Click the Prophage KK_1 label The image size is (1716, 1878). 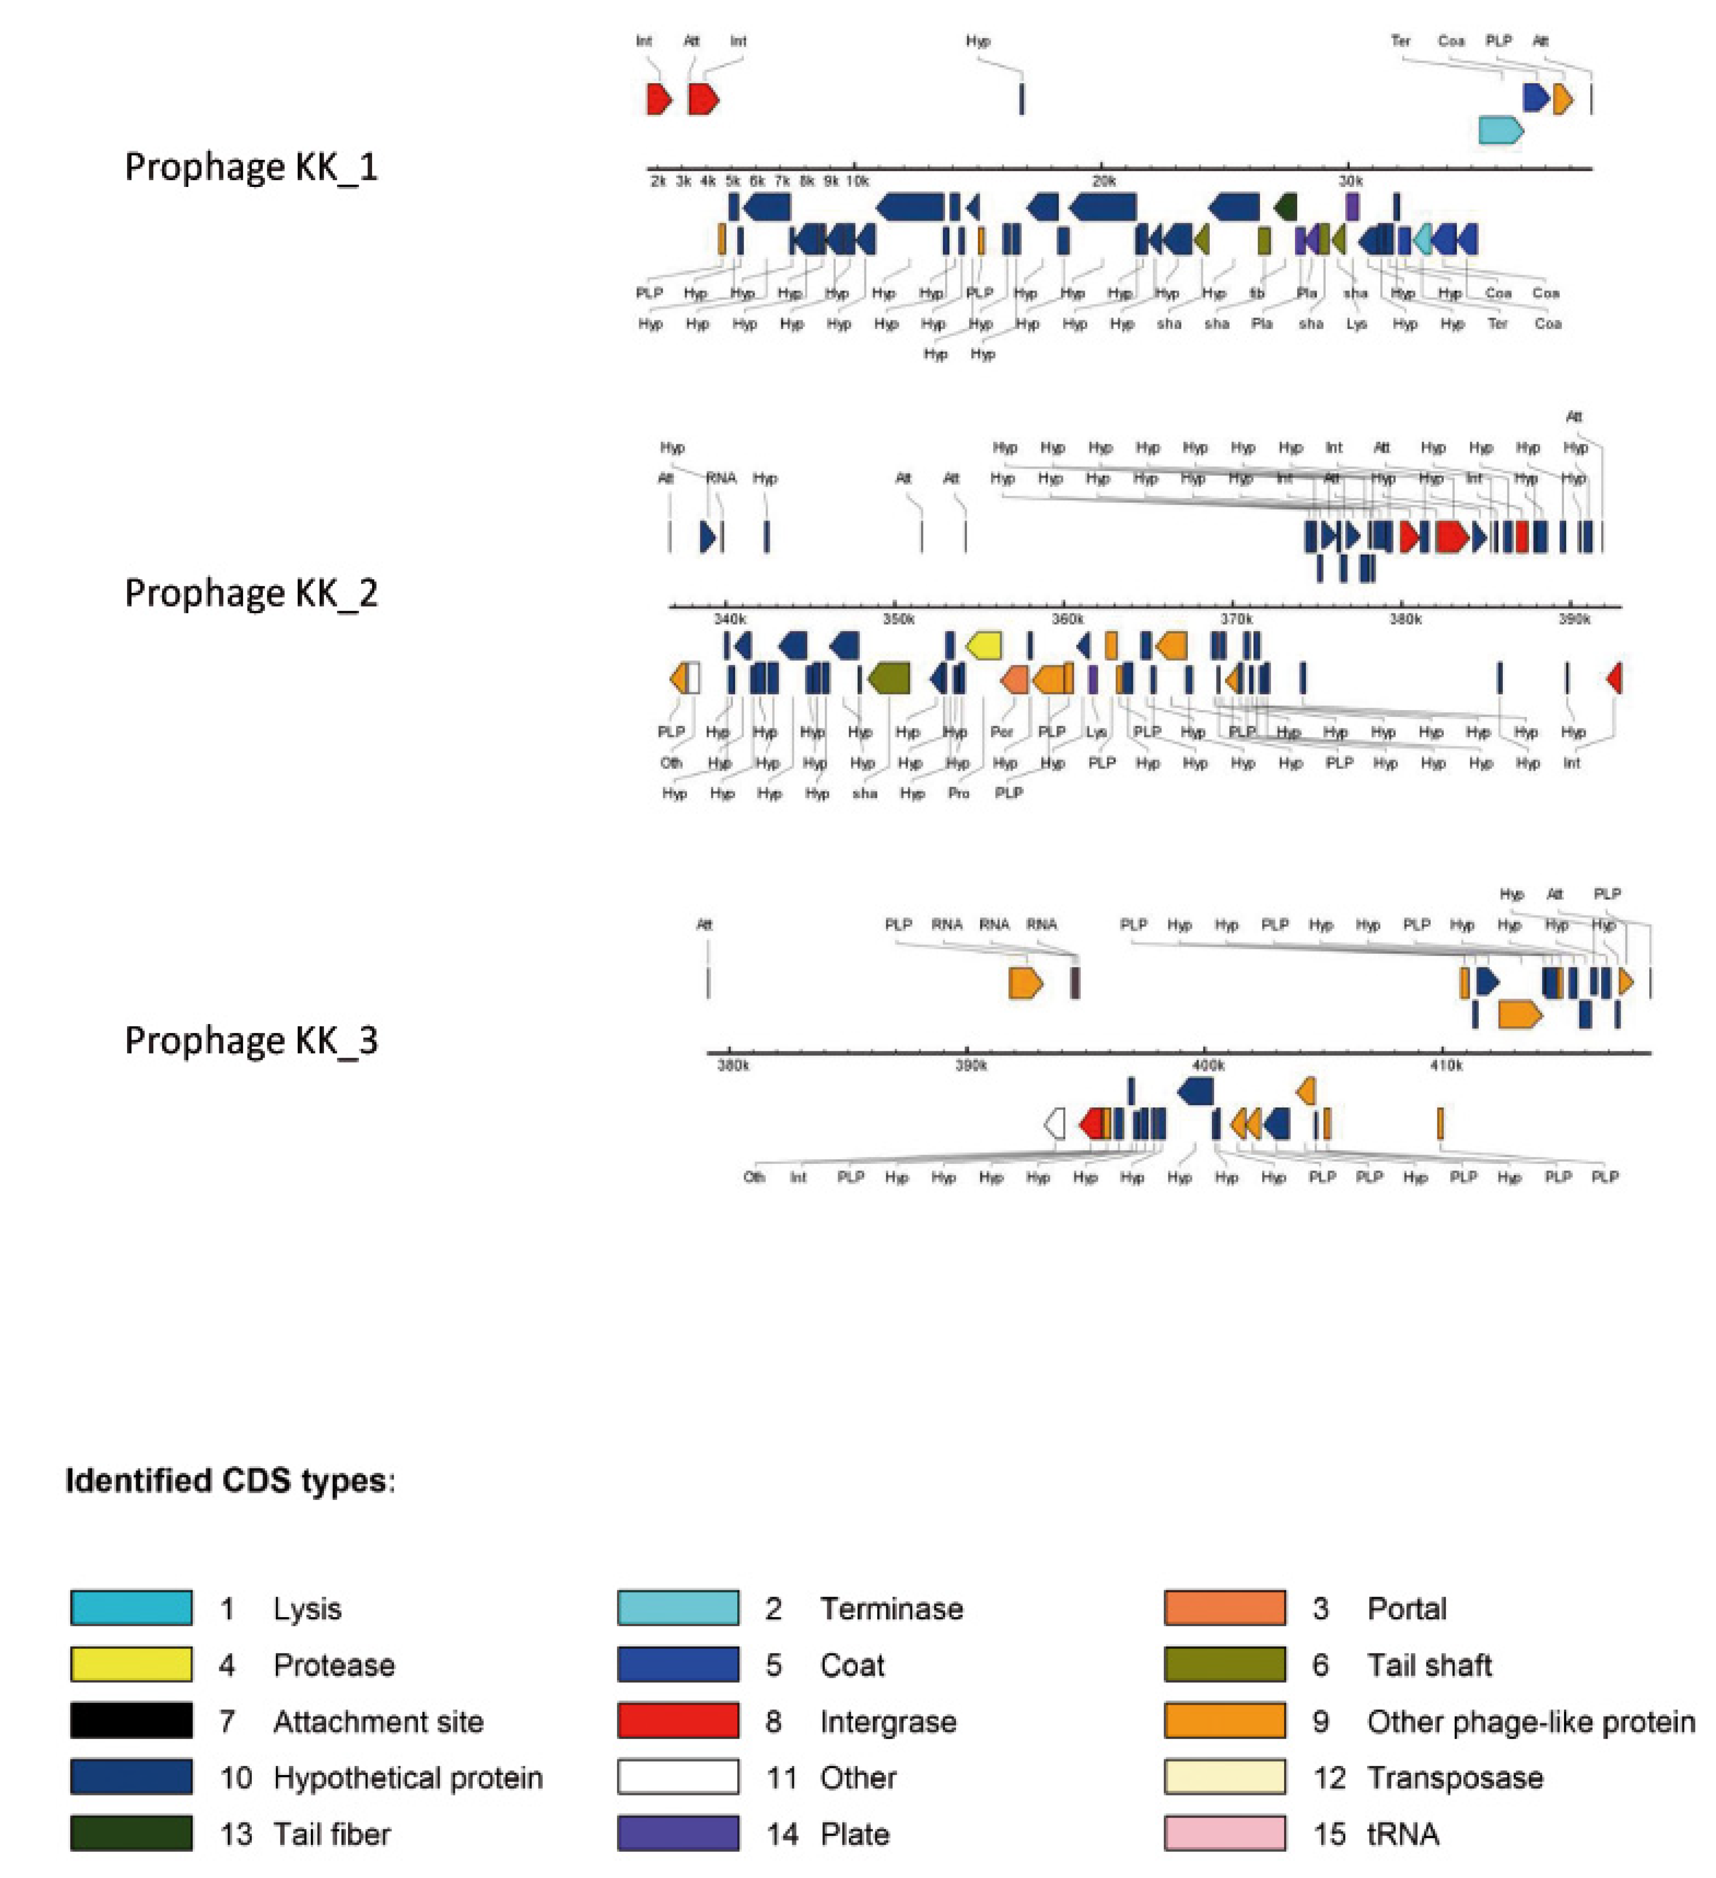(x=251, y=168)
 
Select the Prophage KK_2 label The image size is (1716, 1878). (x=251, y=593)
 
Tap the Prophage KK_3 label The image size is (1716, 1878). (x=251, y=1040)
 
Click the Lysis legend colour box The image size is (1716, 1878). (x=132, y=1608)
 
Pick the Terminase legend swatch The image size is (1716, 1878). (x=678, y=1608)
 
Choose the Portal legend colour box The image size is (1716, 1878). (x=1225, y=1608)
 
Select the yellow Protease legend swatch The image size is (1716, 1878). (x=132, y=1665)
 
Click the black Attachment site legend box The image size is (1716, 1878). (x=132, y=1721)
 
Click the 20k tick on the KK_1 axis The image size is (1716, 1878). (x=1103, y=181)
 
